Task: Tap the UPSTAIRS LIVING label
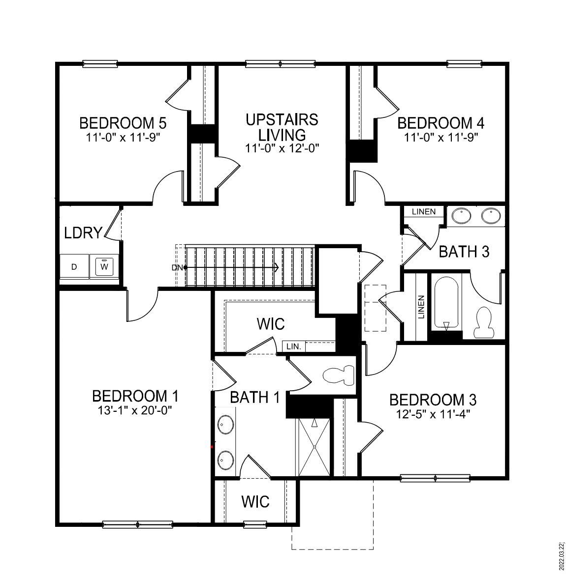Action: click(282, 127)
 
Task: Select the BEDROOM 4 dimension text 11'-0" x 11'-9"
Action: click(441, 137)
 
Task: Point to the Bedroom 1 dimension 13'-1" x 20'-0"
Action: click(135, 409)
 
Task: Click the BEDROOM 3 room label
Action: click(433, 399)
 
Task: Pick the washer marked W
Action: click(104, 267)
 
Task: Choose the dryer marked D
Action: click(74, 267)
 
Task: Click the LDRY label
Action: click(83, 232)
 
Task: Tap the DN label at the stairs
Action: click(177, 267)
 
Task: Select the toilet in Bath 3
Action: click(485, 322)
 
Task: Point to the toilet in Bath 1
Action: click(340, 376)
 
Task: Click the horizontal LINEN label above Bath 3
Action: click(424, 212)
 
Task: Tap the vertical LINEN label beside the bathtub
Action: click(421, 307)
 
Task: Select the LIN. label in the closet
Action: click(294, 346)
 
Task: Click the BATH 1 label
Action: click(254, 397)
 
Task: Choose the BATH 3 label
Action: click(464, 252)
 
